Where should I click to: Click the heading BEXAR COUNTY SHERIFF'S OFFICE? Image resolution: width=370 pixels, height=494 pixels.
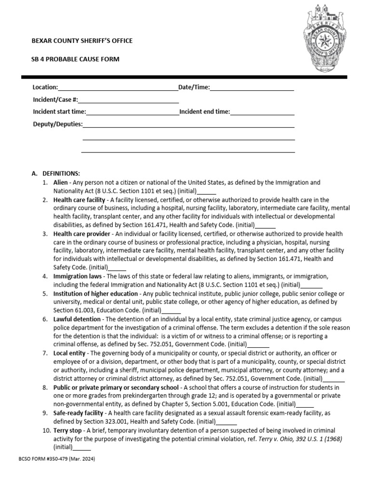82,41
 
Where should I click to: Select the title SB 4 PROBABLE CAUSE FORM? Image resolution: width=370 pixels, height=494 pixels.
76,59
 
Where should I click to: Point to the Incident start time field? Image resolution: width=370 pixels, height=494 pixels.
132,112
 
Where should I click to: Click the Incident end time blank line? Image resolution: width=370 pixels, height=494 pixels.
263,112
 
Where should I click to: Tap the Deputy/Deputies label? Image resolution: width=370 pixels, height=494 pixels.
58,124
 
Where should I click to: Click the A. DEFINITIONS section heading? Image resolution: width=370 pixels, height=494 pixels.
56,174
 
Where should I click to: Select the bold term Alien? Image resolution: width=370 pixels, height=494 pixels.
61,183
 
